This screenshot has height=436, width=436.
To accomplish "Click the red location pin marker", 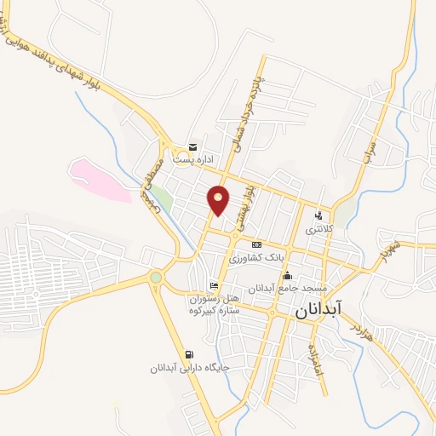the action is (219, 200).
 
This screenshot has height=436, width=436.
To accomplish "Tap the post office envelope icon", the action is (192, 147).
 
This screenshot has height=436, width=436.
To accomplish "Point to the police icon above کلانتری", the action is (319, 215).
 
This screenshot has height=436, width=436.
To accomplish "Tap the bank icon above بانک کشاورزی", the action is (256, 244).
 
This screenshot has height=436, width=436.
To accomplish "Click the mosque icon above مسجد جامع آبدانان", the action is (287, 275).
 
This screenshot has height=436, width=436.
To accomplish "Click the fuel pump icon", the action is (187, 355).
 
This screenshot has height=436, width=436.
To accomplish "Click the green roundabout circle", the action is (155, 277).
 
